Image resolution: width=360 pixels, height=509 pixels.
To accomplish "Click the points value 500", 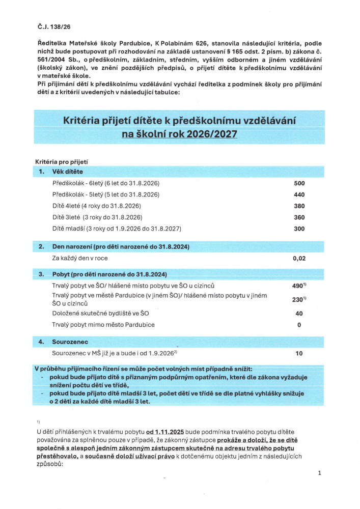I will pyautogui.click(x=299, y=183).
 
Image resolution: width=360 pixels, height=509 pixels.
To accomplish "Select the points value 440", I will pyautogui.click(x=299, y=195).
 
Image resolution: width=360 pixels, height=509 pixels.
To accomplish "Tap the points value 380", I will pyautogui.click(x=299, y=206).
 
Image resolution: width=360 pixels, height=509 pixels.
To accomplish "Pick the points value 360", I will pyautogui.click(x=299, y=217).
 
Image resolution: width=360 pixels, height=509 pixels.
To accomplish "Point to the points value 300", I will pyautogui.click(x=299, y=229).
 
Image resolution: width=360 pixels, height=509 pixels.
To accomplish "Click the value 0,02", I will pyautogui.click(x=299, y=258).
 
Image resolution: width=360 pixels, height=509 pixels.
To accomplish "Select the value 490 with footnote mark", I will pyautogui.click(x=299, y=286).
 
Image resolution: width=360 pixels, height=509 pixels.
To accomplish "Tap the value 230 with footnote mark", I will pyautogui.click(x=299, y=299).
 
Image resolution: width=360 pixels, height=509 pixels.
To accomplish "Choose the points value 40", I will pyautogui.click(x=299, y=314).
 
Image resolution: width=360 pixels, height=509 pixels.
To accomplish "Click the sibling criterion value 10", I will pyautogui.click(x=299, y=353).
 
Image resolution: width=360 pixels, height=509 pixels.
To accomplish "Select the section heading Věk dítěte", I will pyautogui.click(x=68, y=172).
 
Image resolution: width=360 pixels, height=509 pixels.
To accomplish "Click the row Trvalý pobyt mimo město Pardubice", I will pyautogui.click(x=103, y=325).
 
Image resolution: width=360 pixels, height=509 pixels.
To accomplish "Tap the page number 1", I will pyautogui.click(x=319, y=473).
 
